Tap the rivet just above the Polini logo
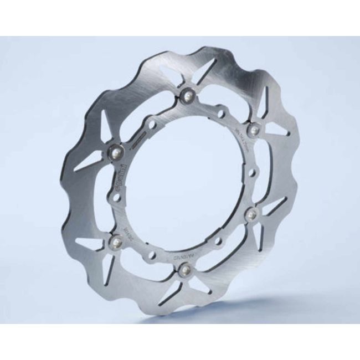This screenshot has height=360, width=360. (117, 149)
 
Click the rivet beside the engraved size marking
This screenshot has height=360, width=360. (254, 128)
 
